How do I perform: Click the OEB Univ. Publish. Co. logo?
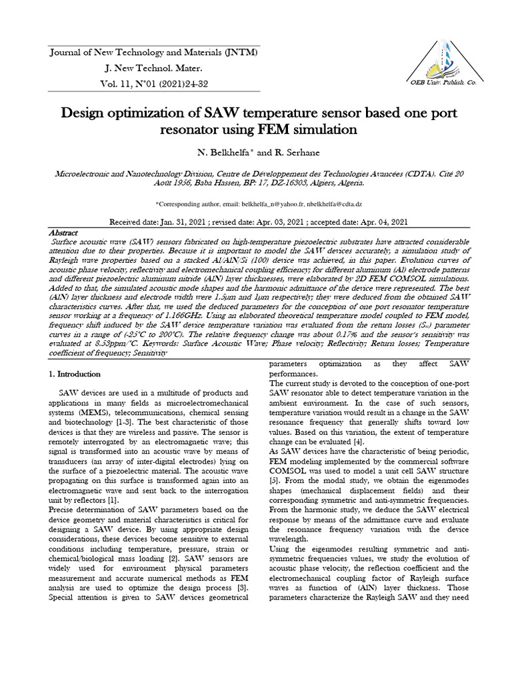436,63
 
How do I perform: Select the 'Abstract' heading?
65,231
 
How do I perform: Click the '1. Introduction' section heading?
76,374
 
